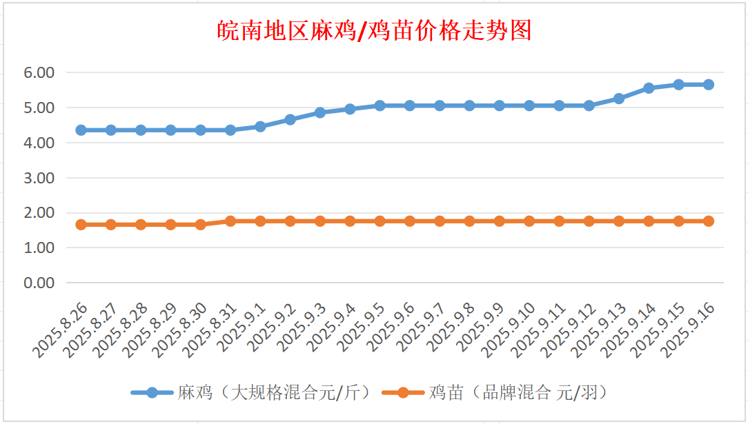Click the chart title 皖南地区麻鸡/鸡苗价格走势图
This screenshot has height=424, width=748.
pos(374,31)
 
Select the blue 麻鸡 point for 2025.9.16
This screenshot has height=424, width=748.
pos(708,84)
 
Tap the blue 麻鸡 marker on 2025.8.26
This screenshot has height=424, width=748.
pos(81,130)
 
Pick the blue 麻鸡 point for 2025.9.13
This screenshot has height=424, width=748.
pos(618,99)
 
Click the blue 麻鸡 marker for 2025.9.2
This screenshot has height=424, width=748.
pos(290,119)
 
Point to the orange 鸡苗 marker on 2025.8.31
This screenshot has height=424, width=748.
pos(230,221)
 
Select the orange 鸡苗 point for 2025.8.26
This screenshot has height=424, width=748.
pos(81,225)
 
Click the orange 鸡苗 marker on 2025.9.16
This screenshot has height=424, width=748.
pos(708,221)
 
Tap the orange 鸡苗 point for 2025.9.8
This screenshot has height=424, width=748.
pos(469,221)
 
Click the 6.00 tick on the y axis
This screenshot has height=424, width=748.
pos(40,72)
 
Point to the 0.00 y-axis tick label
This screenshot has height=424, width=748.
pos(40,283)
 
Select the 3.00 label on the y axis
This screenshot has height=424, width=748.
pos(40,177)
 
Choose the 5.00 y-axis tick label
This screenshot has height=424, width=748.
pos(40,108)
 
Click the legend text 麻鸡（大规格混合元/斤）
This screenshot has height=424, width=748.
pos(275,393)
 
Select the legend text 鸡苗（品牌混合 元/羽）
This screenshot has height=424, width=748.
pos(517,393)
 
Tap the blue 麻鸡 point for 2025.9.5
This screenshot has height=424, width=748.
pos(380,105)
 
